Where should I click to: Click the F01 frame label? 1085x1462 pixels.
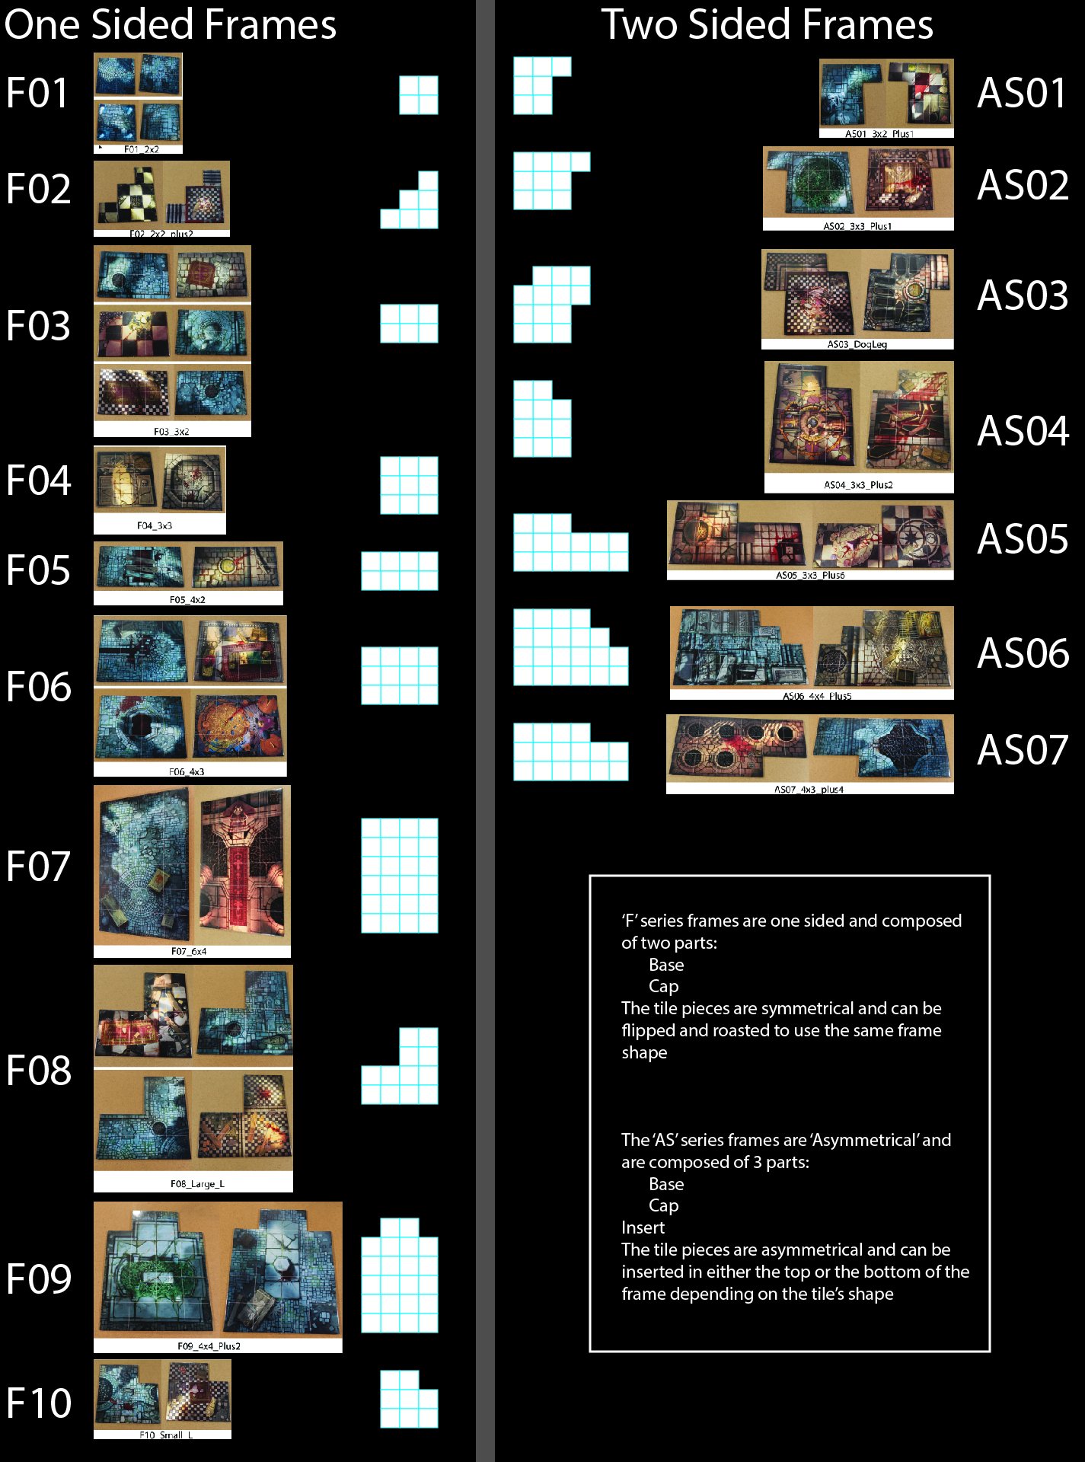pyautogui.click(x=37, y=93)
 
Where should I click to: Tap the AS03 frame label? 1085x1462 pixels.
pyautogui.click(x=1023, y=295)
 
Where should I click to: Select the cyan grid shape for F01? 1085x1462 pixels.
pyautogui.click(x=418, y=95)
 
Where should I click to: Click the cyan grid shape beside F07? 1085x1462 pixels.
pyautogui.click(x=399, y=875)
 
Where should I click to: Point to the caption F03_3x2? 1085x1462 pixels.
pyautogui.click(x=171, y=432)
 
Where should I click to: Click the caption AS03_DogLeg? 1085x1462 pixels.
pyautogui.click(x=857, y=345)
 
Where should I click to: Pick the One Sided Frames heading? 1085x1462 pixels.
pyautogui.click(x=170, y=24)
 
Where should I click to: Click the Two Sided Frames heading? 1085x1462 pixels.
pyautogui.click(x=767, y=24)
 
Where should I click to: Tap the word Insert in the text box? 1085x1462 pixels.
pyautogui.click(x=643, y=1227)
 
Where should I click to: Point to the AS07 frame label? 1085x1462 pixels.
pyautogui.click(x=1023, y=750)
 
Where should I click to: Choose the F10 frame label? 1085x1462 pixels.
pyautogui.click(x=38, y=1403)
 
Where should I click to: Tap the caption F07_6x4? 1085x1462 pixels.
pyautogui.click(x=189, y=952)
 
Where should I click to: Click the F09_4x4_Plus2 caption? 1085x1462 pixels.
pyautogui.click(x=209, y=1346)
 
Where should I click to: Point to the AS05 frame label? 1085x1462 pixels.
pyautogui.click(x=1023, y=539)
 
